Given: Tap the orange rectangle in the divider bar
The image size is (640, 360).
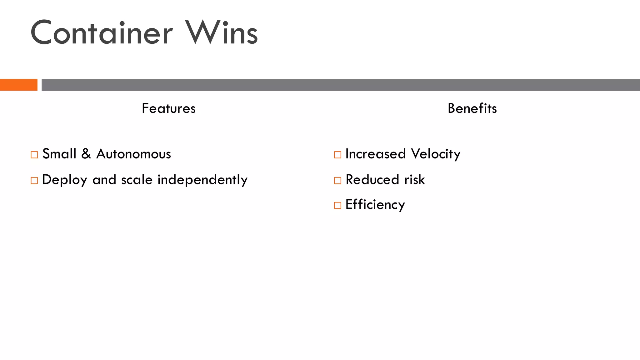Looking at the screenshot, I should pyautogui.click(x=19, y=85).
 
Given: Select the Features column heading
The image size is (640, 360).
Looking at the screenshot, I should pyautogui.click(x=168, y=108).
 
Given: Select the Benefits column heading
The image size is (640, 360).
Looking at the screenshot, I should pyautogui.click(x=472, y=108).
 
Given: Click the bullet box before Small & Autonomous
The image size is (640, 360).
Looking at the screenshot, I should pyautogui.click(x=34, y=155).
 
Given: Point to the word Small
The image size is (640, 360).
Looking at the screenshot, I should pyautogui.click(x=59, y=154).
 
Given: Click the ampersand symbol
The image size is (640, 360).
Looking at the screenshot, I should pyautogui.click(x=86, y=154).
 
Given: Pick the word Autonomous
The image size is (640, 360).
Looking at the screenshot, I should pyautogui.click(x=133, y=154).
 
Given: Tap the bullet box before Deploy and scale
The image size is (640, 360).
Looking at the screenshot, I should pyautogui.click(x=34, y=180).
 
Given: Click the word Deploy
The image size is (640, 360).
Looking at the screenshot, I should pyautogui.click(x=65, y=180).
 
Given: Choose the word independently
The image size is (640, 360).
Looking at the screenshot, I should pyautogui.click(x=202, y=180).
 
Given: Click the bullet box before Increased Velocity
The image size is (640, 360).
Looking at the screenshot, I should pyautogui.click(x=337, y=155).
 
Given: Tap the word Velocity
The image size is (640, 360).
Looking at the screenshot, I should pyautogui.click(x=436, y=154).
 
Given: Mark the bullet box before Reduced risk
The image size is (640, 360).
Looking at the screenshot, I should pyautogui.click(x=337, y=180).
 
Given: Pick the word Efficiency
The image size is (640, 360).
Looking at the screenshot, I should pyautogui.click(x=375, y=205).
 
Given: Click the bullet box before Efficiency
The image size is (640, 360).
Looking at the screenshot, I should pyautogui.click(x=337, y=205).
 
